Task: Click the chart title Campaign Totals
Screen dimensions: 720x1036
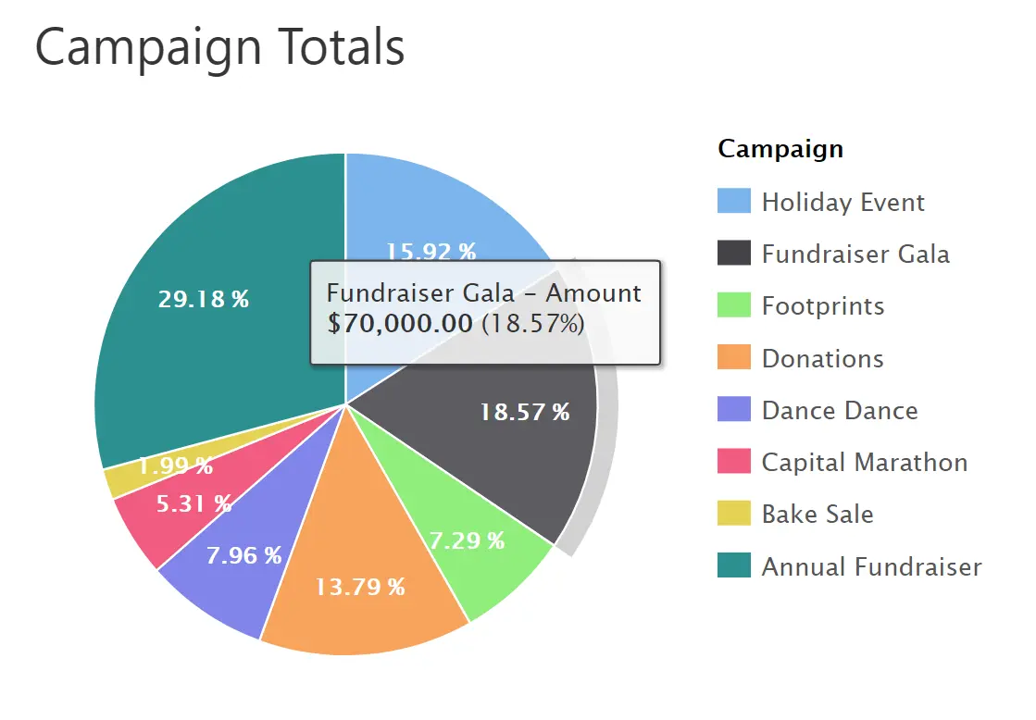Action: pos(219,46)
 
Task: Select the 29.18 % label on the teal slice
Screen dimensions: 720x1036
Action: pos(203,300)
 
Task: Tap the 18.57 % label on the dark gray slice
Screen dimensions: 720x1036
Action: pos(524,413)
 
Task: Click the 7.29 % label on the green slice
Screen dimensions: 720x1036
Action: pos(467,540)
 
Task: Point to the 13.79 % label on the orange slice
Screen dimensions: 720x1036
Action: pos(359,587)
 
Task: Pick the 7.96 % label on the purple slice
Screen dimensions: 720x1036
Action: pos(243,555)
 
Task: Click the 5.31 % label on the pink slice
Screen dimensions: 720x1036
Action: pos(193,503)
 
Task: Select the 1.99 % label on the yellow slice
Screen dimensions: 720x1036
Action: pos(175,466)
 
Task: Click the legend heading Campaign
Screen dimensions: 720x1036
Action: pos(780,148)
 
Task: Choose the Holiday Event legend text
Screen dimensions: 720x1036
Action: pos(843,203)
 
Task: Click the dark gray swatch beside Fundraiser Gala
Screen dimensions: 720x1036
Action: pos(733,254)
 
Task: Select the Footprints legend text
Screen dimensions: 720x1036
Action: pos(822,306)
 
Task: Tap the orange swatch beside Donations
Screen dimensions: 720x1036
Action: pos(733,358)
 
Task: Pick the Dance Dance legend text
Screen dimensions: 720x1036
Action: pos(839,411)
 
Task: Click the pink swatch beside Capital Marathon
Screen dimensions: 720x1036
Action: pos(733,462)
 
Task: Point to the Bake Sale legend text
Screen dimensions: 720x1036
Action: pos(817,515)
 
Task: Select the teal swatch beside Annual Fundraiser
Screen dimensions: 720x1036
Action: pos(733,565)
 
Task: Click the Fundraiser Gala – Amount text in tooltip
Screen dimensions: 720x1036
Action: pos(483,293)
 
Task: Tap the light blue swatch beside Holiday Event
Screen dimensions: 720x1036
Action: pos(733,202)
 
